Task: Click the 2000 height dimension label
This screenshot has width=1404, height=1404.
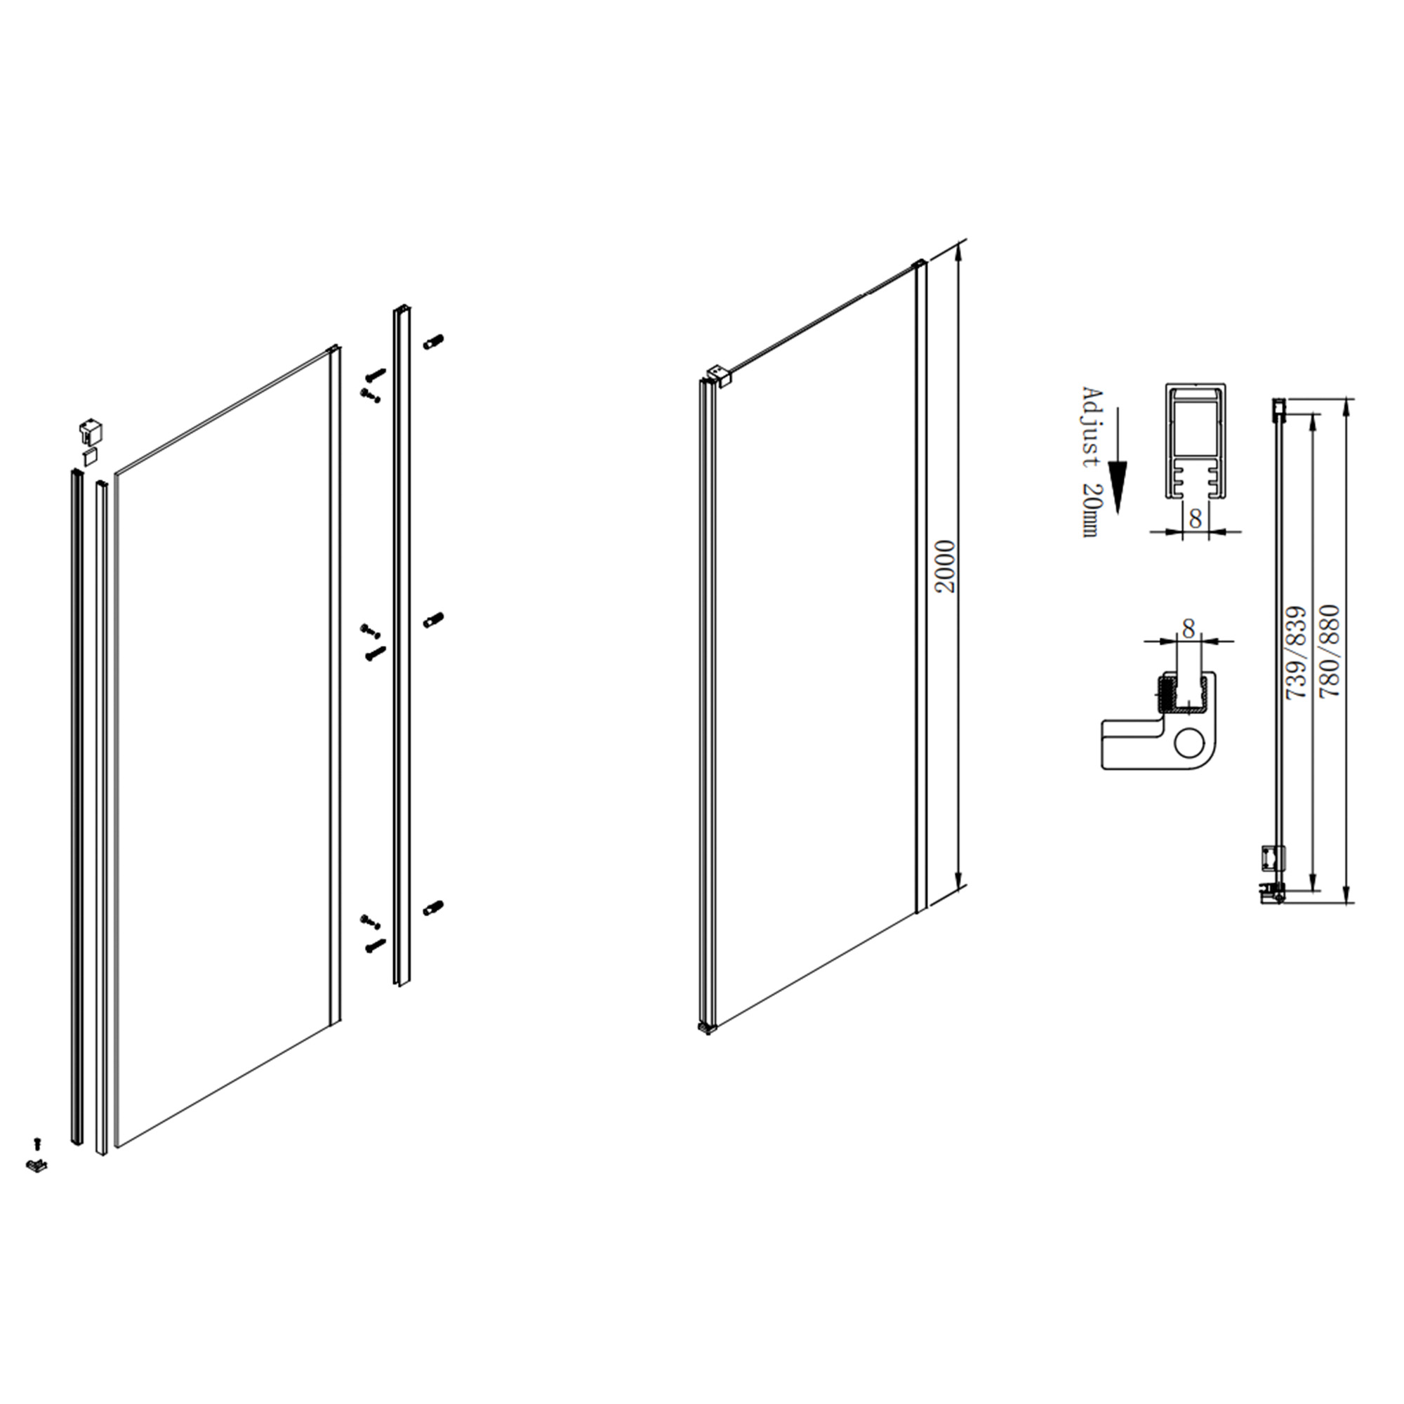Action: tap(945, 566)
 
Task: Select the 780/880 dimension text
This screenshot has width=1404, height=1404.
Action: tap(1329, 651)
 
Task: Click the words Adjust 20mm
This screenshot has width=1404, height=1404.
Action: tap(1092, 462)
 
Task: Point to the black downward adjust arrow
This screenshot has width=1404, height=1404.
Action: tap(1118, 461)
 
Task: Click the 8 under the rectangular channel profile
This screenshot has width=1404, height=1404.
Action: tap(1196, 519)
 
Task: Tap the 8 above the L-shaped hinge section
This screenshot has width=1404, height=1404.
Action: tap(1188, 628)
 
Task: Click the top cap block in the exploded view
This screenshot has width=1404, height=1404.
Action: tap(90, 431)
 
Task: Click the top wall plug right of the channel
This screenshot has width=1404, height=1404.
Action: tap(434, 341)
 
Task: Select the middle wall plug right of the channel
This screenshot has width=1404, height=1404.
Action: tap(434, 620)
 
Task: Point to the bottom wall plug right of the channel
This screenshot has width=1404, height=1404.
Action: tap(434, 908)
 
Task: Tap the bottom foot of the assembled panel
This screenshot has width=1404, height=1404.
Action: tap(707, 1028)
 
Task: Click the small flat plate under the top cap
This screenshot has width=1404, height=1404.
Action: tap(90, 456)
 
